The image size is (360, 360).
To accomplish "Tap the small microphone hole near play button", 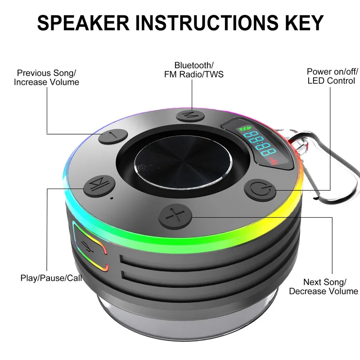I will click(x=111, y=197).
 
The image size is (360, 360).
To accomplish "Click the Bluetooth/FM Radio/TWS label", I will click(x=194, y=70).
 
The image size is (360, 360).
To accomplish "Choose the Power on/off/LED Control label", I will click(x=332, y=76).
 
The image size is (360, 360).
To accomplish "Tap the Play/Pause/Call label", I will click(x=51, y=278).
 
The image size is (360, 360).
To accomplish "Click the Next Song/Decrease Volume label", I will click(x=324, y=287).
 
